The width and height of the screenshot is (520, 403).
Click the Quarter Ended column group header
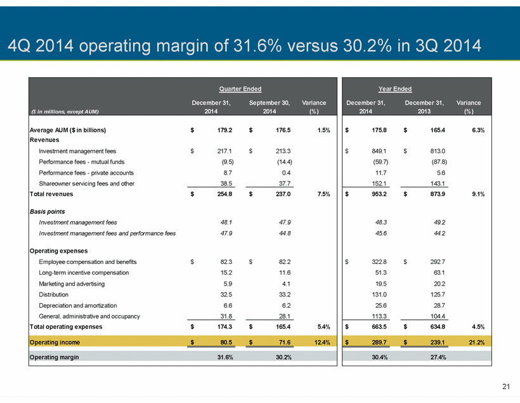coord(240,89)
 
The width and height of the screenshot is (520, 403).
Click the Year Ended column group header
coord(395,89)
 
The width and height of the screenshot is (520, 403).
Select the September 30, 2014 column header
coord(270,107)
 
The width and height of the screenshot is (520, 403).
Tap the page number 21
coord(506,386)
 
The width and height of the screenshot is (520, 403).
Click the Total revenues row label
coord(51,194)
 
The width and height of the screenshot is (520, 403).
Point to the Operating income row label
coord(55,342)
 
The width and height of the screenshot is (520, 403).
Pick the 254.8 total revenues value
coord(224,194)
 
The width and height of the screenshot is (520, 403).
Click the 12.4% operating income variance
coord(322,342)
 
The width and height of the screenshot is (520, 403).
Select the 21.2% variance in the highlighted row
coord(476,342)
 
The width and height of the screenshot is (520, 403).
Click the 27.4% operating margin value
coord(438,357)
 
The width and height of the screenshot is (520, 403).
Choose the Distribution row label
coord(54,294)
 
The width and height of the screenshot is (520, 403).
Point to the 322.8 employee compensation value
coord(379,262)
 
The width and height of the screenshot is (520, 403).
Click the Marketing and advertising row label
coord(72,284)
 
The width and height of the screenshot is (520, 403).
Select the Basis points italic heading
coord(48,212)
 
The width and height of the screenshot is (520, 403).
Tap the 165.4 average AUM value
coord(438,130)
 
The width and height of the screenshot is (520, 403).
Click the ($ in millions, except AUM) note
coord(65,112)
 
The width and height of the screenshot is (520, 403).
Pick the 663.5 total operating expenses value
coord(379,327)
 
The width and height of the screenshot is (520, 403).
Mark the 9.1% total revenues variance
coord(478,194)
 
